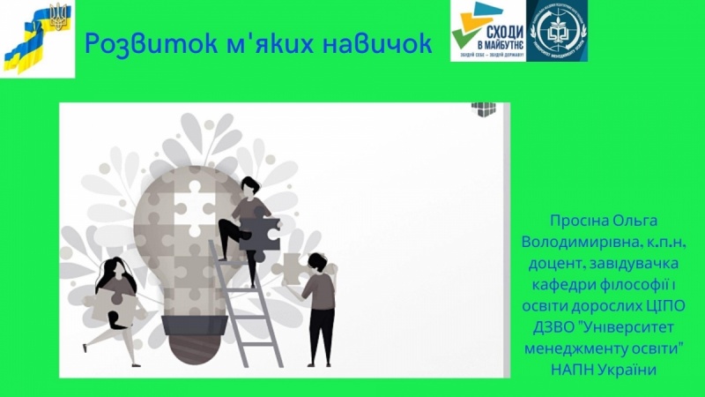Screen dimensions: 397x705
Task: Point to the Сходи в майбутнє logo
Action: (486, 30)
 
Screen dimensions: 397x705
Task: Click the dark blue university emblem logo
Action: (557, 30)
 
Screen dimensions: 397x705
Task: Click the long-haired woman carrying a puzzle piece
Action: (114, 301)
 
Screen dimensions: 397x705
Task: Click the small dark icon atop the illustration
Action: (484, 109)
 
